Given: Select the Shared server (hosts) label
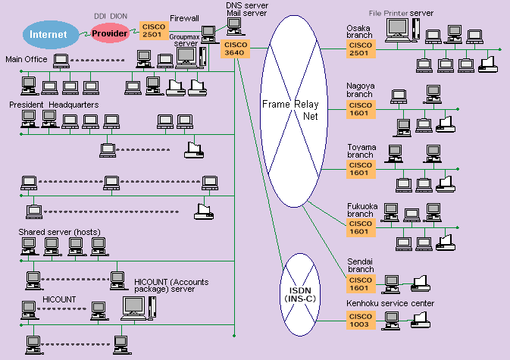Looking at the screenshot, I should [x=60, y=231].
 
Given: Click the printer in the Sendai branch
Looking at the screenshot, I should [x=421, y=283].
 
